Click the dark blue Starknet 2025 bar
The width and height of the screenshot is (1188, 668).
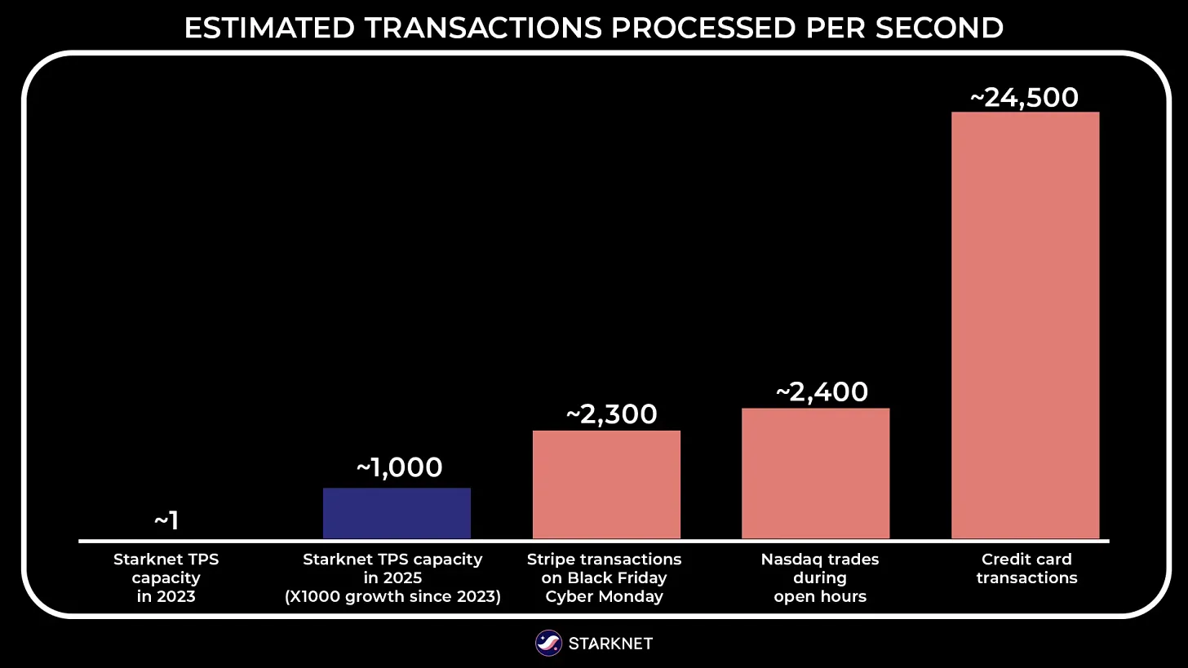point(397,513)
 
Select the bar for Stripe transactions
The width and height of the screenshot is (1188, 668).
point(606,484)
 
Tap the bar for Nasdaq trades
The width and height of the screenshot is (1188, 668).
point(815,473)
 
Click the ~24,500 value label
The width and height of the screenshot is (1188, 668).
point(1024,98)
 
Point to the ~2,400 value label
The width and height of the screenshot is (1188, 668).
point(821,392)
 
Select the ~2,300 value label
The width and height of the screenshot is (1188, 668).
point(611,414)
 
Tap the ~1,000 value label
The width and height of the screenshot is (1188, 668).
point(399,467)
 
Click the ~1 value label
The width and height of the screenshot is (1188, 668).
point(166,520)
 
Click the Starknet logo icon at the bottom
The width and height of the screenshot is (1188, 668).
point(548,644)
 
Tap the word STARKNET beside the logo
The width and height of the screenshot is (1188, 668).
point(610,644)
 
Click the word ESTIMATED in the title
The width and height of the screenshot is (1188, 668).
point(268,29)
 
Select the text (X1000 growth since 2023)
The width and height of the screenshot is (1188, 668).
point(392,596)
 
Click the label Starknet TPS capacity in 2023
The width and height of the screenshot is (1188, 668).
point(166,577)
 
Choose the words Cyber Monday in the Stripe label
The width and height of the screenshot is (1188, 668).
point(604,596)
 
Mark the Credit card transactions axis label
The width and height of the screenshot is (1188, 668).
point(1026,568)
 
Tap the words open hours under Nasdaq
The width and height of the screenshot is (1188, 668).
point(820,596)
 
